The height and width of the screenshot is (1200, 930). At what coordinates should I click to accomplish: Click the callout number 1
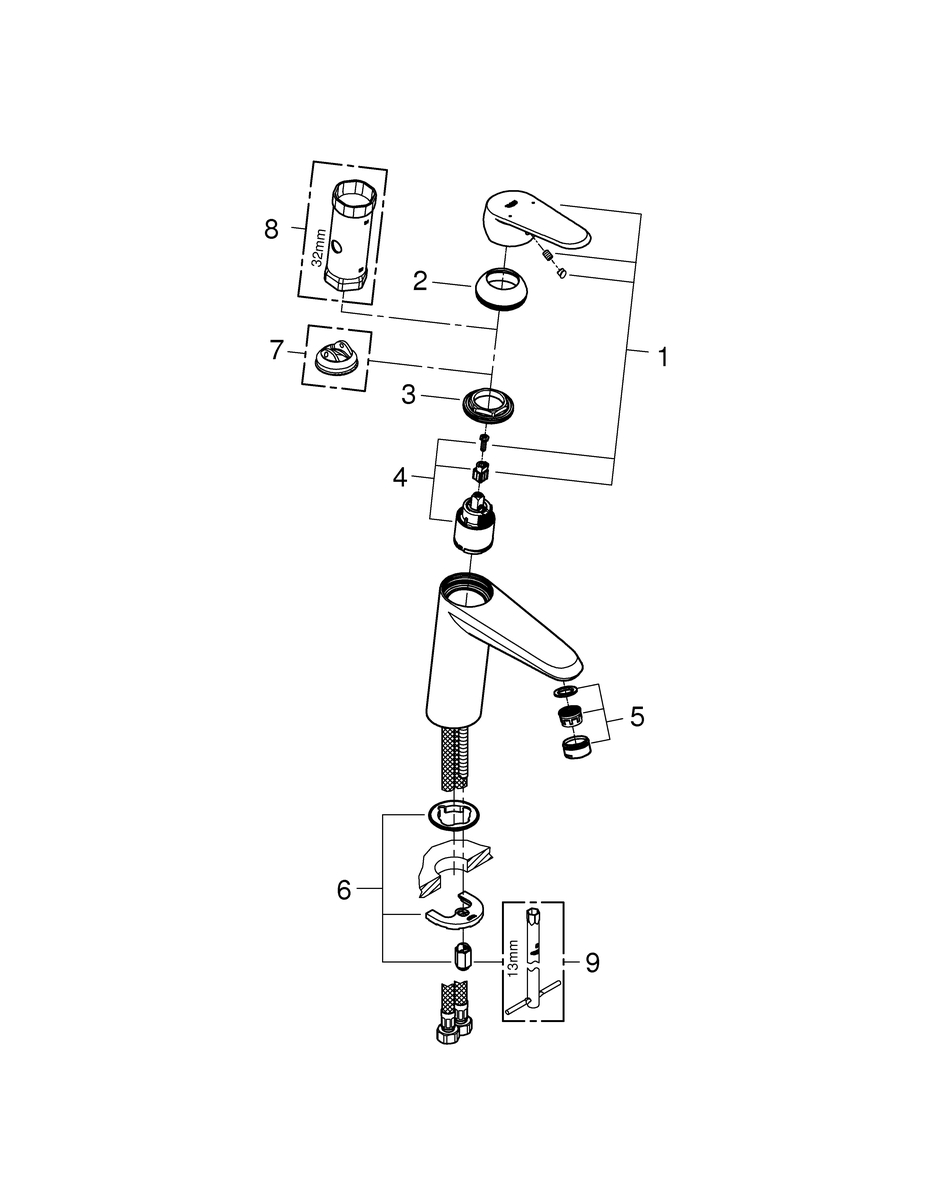click(x=663, y=357)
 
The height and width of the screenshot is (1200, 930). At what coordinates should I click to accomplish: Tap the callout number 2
click(x=420, y=282)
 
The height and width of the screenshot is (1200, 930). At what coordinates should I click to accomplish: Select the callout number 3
click(x=408, y=395)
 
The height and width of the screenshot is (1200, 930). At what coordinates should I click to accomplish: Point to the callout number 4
click(x=400, y=477)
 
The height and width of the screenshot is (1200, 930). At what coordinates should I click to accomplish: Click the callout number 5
click(x=637, y=717)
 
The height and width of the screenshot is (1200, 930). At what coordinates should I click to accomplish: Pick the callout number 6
click(x=344, y=890)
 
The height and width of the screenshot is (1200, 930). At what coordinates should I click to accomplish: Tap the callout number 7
click(x=277, y=351)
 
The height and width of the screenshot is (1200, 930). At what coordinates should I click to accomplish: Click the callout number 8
click(x=271, y=229)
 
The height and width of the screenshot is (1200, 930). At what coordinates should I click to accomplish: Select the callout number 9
click(x=591, y=963)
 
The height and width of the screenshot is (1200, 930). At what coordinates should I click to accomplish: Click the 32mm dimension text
click(x=317, y=249)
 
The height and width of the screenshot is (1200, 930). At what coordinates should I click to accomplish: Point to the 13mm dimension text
click(x=514, y=959)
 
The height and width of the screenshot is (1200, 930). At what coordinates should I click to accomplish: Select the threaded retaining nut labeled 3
click(x=489, y=403)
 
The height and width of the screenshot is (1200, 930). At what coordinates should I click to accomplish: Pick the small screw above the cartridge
click(x=483, y=440)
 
